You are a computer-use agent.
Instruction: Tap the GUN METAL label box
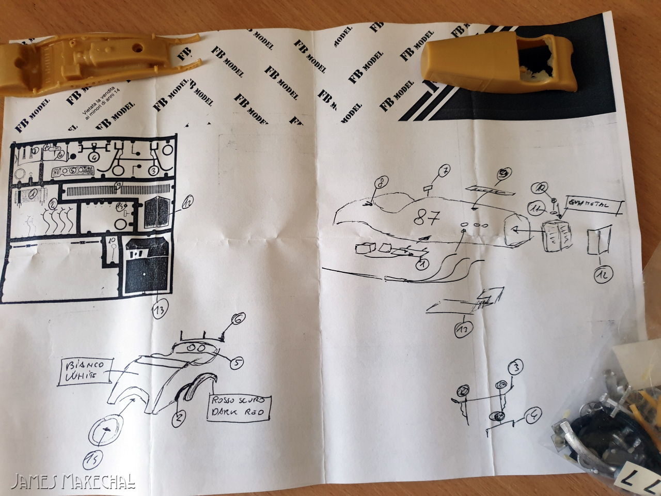594,206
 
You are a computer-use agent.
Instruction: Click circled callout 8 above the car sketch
381,182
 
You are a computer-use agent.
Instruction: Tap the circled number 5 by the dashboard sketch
235,363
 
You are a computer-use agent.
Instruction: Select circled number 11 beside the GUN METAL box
536,209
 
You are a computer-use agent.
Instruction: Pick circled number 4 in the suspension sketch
533,413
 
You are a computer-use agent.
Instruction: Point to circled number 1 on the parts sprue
35,194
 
